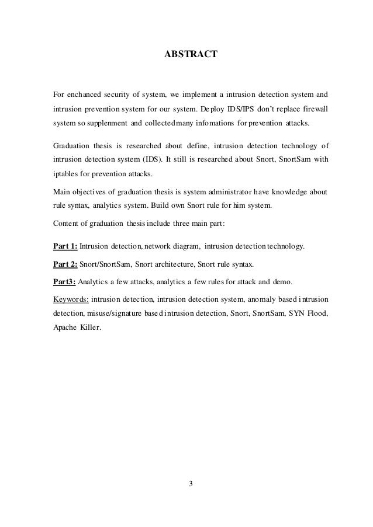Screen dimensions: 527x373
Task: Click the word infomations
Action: point(218,124)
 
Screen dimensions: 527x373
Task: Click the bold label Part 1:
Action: point(65,247)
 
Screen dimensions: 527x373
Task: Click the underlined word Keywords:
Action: point(71,299)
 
